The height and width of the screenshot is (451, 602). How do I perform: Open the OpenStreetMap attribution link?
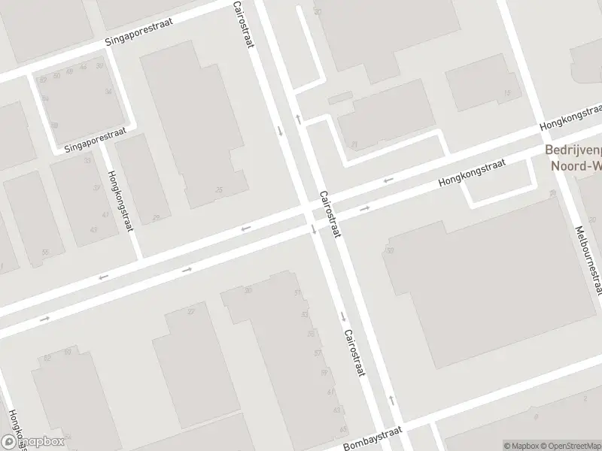click(x=570, y=446)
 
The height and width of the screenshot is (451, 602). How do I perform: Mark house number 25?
click(x=219, y=189)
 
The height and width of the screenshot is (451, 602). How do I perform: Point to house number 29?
click(x=157, y=219)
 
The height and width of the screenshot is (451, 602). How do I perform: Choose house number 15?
click(x=506, y=93)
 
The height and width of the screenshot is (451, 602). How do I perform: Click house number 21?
click(x=354, y=144)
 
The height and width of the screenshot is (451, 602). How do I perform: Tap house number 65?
click(x=344, y=429)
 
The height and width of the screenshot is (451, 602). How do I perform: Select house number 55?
click(x=46, y=253)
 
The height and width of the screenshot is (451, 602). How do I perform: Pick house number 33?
click(x=88, y=160)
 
